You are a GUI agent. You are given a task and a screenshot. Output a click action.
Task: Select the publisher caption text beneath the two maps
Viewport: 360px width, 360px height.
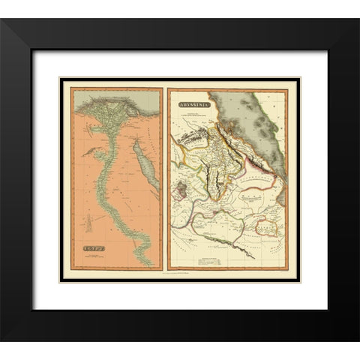180,280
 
